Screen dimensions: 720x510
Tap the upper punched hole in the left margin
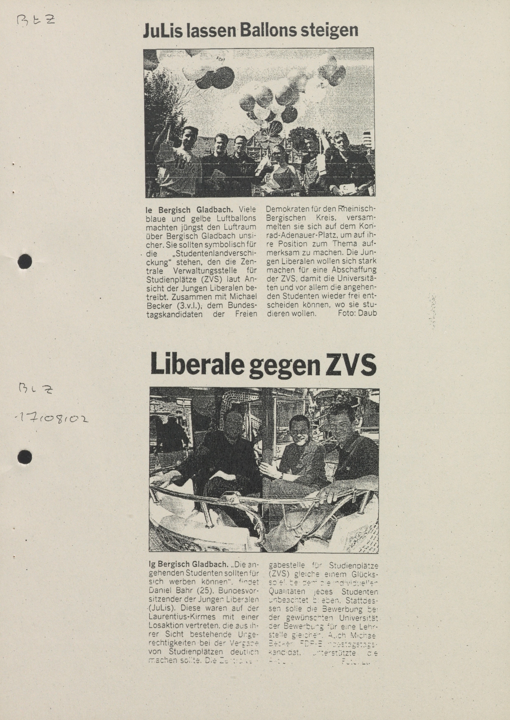tap(25, 261)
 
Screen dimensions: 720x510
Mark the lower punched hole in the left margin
tap(25, 456)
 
